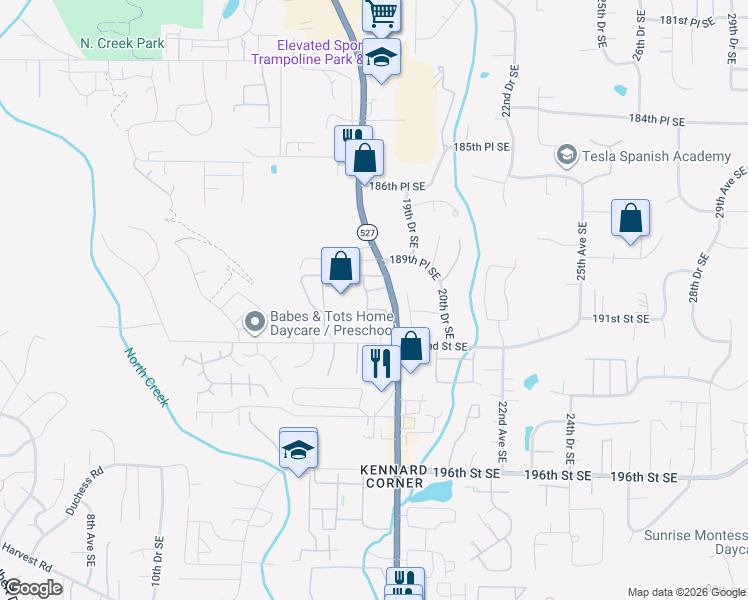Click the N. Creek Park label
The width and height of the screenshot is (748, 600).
point(121,44)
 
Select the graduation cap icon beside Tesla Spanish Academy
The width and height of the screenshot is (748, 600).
point(566,155)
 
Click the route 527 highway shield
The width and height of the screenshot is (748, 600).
point(367,231)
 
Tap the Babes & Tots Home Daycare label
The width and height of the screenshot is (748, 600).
point(330,324)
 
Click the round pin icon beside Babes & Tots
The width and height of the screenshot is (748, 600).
point(254,322)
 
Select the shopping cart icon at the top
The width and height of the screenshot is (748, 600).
point(381,13)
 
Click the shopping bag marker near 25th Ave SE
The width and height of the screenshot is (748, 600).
point(630,218)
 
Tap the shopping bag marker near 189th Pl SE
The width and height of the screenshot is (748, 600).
point(340,266)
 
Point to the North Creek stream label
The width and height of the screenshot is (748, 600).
point(147,377)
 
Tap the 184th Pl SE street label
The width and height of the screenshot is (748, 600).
point(657,120)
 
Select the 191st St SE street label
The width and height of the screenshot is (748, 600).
point(621,318)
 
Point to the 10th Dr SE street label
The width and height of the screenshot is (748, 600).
point(157,566)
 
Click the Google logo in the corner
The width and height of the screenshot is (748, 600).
point(33,588)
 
